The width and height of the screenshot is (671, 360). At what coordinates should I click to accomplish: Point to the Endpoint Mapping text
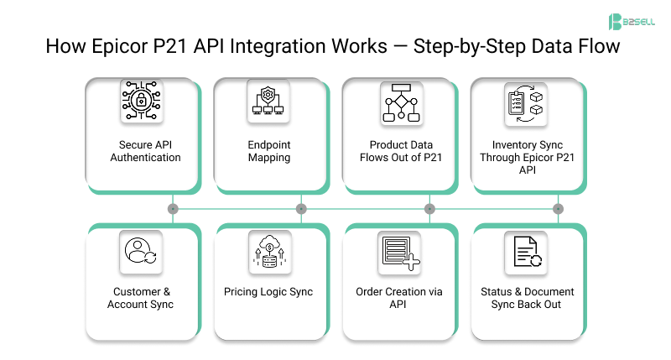tap(269, 151)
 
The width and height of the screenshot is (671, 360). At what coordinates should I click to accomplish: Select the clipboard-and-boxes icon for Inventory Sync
tap(527, 103)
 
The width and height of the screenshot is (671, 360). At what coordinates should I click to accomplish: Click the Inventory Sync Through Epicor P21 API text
tap(527, 158)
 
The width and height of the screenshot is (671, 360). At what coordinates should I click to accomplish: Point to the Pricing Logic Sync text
tap(268, 292)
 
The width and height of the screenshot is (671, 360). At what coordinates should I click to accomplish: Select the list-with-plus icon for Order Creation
tap(399, 253)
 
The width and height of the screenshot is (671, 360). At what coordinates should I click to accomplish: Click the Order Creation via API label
tap(399, 298)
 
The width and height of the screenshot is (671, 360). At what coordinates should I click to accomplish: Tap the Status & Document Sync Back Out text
tap(527, 298)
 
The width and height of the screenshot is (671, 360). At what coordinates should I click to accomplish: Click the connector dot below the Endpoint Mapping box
tap(301, 208)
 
